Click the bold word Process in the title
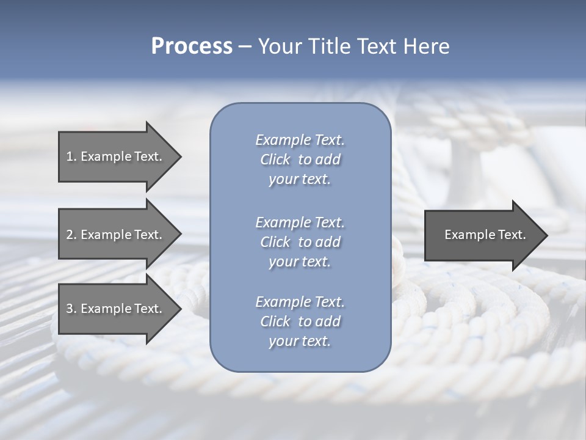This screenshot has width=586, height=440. pos(192,46)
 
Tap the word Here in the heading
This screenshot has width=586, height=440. pos(426,46)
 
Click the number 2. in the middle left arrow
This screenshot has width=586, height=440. pos(71,235)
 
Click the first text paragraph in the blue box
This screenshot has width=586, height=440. pos(300,159)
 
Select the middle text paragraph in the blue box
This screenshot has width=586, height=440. pos(300,242)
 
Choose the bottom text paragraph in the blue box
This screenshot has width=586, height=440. pos(300,321)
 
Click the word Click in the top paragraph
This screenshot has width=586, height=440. pos(275,159)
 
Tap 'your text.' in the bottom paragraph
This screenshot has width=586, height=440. pos(300,342)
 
